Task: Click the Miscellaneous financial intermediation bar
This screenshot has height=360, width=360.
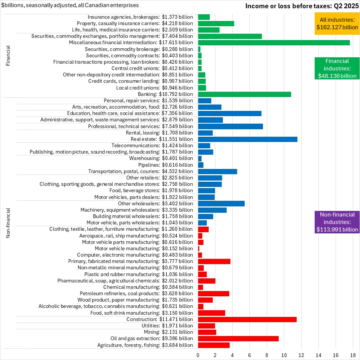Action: tap(273, 43)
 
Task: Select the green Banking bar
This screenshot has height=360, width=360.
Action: tap(244, 94)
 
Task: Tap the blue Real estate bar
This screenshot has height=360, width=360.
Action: tap(248, 139)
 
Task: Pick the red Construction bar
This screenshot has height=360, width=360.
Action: tap(247, 320)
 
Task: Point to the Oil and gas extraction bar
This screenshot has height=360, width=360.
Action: tap(238, 339)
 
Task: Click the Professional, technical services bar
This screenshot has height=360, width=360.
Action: tap(230, 126)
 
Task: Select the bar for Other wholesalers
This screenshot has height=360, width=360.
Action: tap(221, 203)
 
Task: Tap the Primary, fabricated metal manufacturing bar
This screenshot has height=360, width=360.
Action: tap(214, 261)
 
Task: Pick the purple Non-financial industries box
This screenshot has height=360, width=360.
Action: tap(337, 222)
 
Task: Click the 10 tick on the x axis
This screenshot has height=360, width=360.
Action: tap(284, 355)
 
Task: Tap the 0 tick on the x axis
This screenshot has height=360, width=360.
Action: tap(198, 355)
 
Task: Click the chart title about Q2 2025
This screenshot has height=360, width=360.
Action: tap(302, 6)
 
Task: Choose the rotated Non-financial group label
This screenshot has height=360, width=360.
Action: tap(8, 223)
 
